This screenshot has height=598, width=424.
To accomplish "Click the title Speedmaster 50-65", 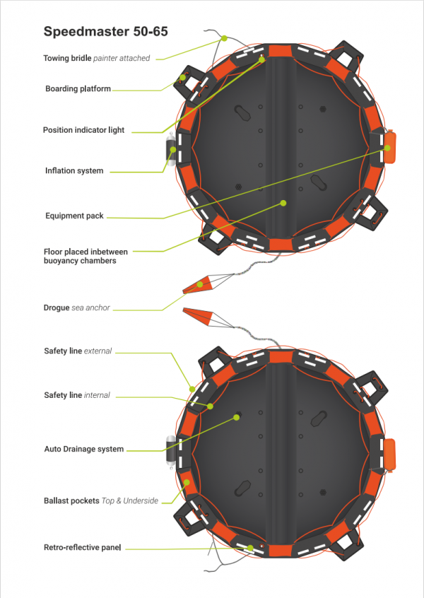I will [105, 32].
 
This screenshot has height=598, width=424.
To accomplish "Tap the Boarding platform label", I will [78, 89].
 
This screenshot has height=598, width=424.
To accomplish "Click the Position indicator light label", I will [83, 130].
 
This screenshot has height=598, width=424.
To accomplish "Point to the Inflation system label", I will [74, 170].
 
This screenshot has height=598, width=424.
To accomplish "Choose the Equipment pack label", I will [74, 216].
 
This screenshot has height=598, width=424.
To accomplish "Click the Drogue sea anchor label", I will [77, 307].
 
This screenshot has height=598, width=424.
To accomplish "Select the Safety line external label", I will [78, 351].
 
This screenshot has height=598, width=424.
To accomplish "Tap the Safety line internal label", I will [77, 395].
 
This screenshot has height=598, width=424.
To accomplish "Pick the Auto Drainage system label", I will [83, 449].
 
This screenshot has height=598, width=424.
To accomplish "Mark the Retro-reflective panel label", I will [82, 547].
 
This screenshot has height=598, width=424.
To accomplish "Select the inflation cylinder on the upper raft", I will [170, 150].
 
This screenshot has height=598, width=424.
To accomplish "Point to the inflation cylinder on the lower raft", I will [170, 454].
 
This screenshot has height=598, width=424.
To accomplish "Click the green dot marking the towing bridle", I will [223, 38].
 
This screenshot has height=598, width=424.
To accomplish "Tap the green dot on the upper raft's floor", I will [283, 203].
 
